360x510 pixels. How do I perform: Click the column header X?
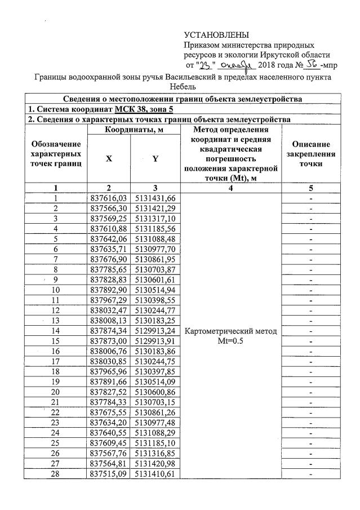point(109,159)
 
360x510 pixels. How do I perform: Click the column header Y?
point(154,159)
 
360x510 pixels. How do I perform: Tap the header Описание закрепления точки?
point(310,153)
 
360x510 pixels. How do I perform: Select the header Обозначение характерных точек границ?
point(56,154)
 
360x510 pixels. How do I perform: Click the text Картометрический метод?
point(231,331)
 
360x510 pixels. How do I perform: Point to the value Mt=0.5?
point(231,341)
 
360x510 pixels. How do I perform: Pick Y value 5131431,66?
point(154,198)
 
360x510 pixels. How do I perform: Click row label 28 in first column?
point(56,474)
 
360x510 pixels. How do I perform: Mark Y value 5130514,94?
point(154,290)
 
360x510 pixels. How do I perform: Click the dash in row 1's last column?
point(310,198)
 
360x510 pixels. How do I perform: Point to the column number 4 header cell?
point(231,188)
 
